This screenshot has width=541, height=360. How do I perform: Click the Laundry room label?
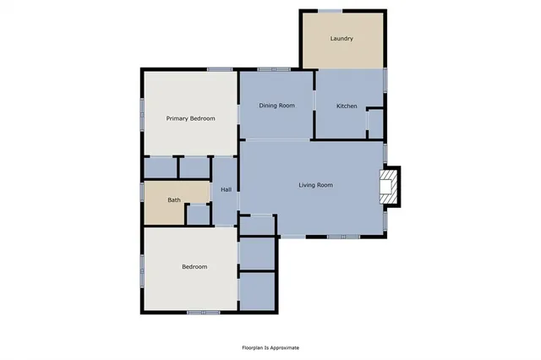tap(342, 39)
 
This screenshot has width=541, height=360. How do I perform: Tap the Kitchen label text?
tap(347, 106)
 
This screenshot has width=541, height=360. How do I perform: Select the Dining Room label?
tap(276, 106)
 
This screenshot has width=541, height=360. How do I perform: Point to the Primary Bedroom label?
tap(190, 118)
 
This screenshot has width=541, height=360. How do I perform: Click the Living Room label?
tap(315, 185)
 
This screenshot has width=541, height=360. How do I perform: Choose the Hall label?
tap(226, 189)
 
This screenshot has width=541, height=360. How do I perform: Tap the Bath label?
tap(174, 200)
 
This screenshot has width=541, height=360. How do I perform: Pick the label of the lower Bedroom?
tap(194, 267)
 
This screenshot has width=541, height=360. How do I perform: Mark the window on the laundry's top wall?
tap(330, 11)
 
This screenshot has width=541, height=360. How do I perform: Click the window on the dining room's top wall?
tap(274, 69)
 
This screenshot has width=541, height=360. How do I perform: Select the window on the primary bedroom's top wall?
tap(220, 69)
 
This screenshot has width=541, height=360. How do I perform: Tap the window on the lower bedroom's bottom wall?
tap(203, 313)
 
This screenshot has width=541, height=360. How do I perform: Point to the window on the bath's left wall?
tap(142, 191)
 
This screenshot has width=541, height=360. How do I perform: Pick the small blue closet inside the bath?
tap(198, 215)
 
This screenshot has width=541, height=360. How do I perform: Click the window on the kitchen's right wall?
tap(385, 81)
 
